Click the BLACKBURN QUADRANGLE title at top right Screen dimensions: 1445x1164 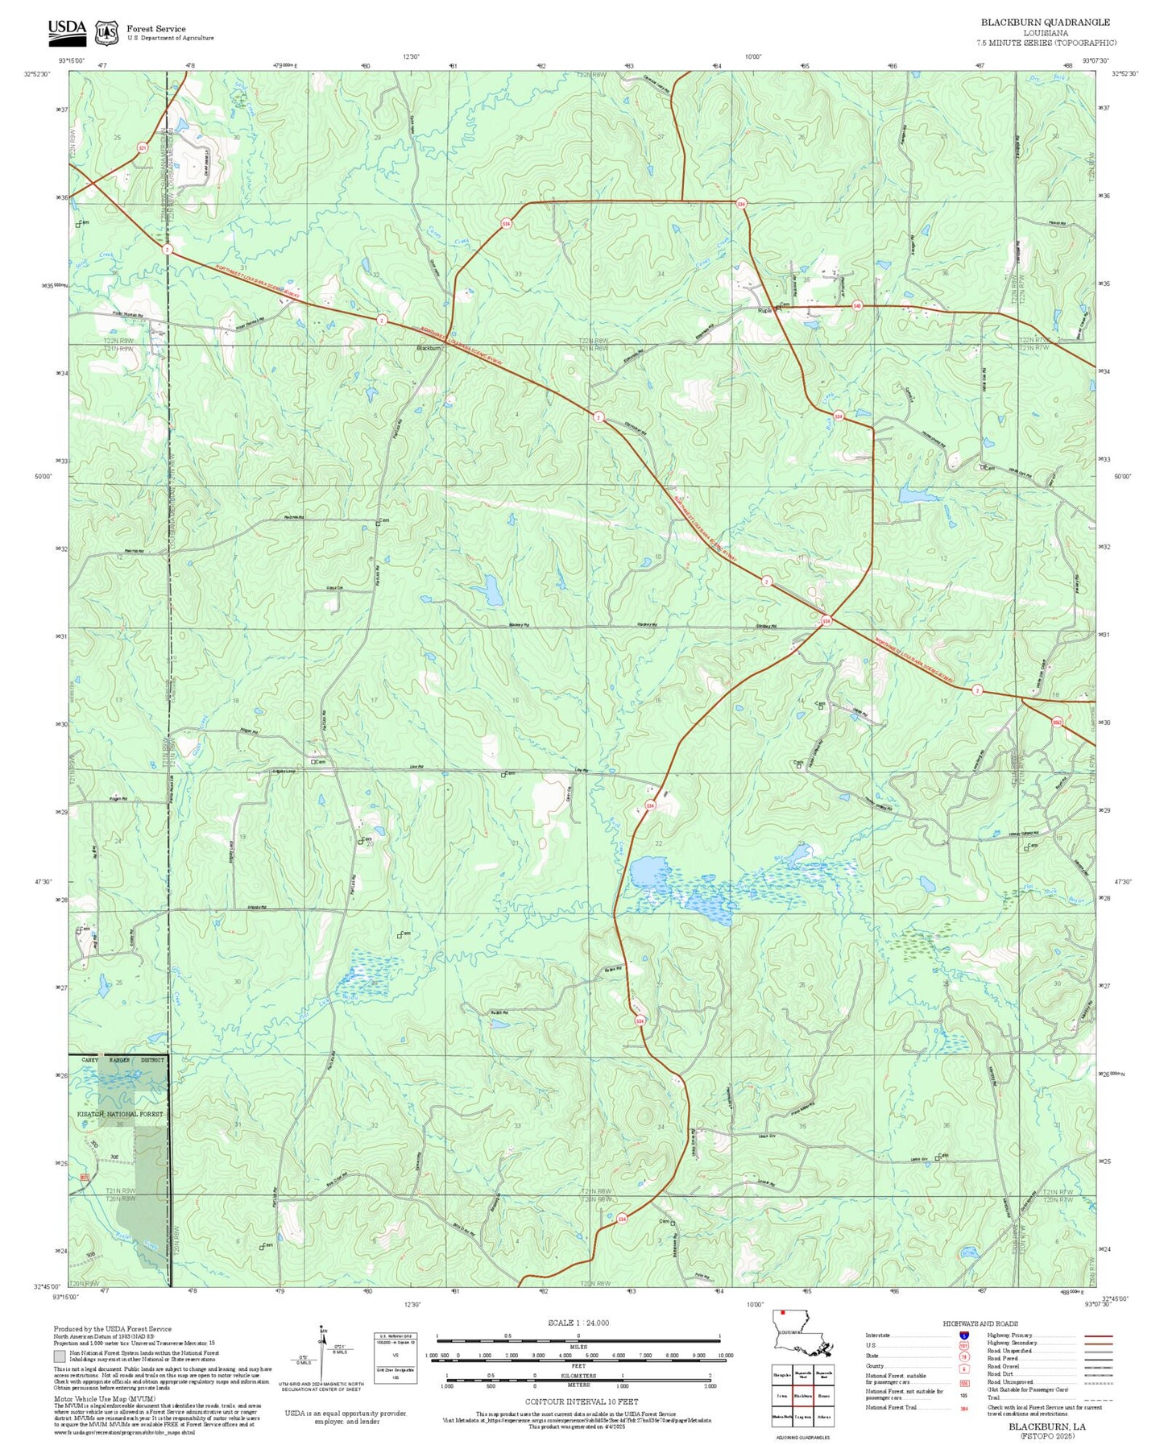click(1045, 23)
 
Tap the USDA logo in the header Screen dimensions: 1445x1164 click(67, 30)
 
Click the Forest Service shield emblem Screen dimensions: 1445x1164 click(106, 32)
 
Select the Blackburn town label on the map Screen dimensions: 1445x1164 click(428, 348)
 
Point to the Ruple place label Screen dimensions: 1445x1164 click(764, 310)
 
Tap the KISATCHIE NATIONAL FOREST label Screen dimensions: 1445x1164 click(120, 1114)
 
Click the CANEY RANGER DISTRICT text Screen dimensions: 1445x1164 click(122, 1060)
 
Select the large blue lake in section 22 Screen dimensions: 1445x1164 click(648, 872)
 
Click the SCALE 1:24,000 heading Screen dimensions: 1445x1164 click(578, 1323)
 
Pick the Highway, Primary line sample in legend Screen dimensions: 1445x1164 click(1098, 1335)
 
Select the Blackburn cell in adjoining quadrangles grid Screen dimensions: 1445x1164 click(802, 1396)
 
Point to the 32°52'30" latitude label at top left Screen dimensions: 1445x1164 click(37, 74)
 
